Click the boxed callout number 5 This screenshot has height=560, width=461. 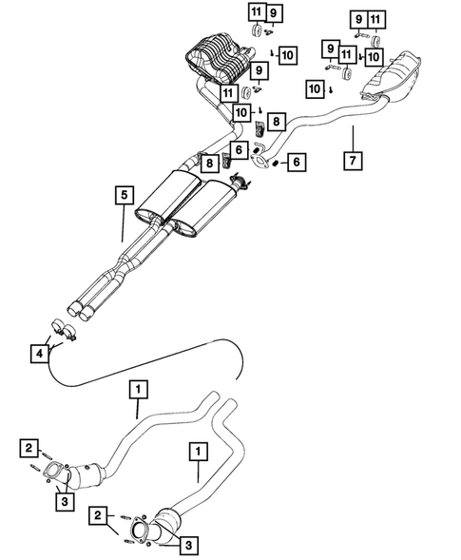pyautogui.click(x=123, y=196)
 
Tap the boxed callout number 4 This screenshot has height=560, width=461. pyautogui.click(x=39, y=355)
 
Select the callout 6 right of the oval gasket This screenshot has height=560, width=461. pyautogui.click(x=298, y=163)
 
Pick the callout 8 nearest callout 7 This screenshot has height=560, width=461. pyautogui.click(x=275, y=122)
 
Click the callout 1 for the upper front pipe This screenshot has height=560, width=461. pyautogui.click(x=139, y=388)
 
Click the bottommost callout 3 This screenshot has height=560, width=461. pyautogui.click(x=188, y=545)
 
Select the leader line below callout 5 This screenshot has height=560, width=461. pyautogui.click(x=123, y=223)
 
